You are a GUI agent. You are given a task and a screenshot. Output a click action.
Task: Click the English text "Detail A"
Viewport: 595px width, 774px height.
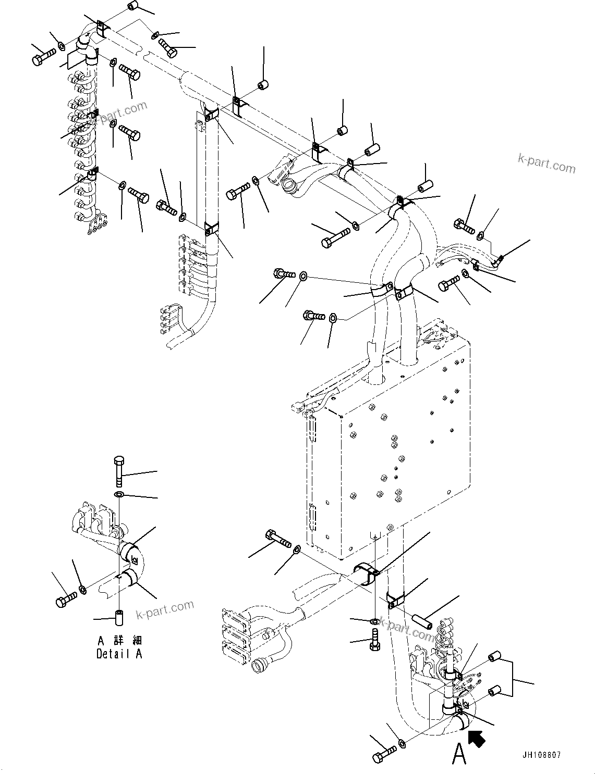tap(119, 654)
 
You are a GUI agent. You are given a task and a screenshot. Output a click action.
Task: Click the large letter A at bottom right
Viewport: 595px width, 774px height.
tap(459, 753)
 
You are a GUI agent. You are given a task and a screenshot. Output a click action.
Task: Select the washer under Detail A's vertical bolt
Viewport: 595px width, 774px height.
tap(119, 494)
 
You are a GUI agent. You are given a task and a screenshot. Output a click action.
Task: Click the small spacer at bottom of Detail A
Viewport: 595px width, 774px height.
tap(119, 617)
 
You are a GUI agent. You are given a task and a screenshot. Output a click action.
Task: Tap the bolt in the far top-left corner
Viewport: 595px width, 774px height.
tap(44, 57)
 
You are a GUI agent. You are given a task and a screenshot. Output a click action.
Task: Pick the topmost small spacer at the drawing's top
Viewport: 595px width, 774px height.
tap(133, 7)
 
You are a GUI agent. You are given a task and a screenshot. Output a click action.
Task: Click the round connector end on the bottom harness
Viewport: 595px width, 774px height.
tap(260, 666)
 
